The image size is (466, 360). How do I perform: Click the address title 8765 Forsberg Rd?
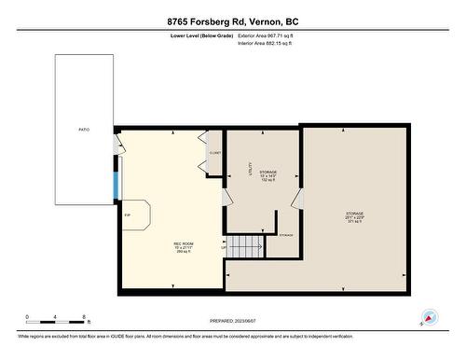[233, 21]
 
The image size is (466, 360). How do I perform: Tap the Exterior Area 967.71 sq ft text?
[271, 35]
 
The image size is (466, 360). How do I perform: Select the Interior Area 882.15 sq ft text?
[271, 43]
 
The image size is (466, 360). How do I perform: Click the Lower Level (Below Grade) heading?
[201, 35]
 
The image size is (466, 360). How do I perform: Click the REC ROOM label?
[184, 247]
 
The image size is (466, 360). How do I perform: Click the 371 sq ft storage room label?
[354, 217]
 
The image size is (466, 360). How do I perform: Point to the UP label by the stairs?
[224, 247]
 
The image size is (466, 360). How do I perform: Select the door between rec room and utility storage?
[224, 197]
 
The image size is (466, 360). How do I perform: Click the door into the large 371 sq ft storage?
[297, 199]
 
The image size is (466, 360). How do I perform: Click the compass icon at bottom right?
[431, 318]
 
